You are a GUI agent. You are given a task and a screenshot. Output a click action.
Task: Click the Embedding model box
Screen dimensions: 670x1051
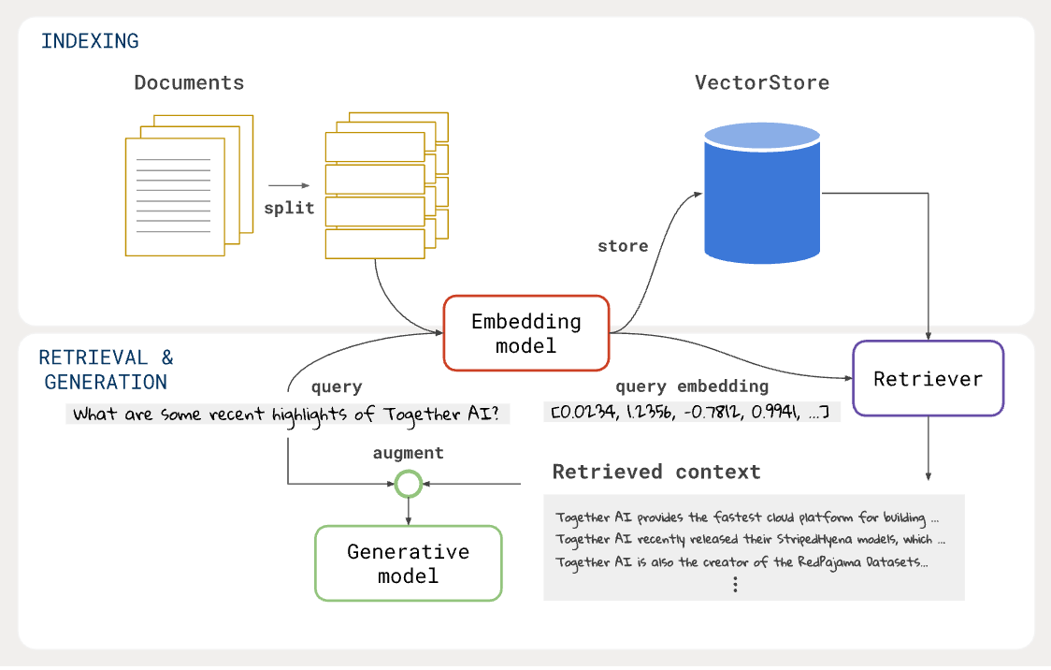526,333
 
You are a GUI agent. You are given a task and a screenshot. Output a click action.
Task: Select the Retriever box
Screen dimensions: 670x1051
928,378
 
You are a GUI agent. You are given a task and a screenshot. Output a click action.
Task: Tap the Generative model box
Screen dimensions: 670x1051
409,562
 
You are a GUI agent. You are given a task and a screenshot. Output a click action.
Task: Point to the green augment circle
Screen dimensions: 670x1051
408,484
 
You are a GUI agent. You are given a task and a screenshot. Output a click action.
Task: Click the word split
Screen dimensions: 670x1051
289,208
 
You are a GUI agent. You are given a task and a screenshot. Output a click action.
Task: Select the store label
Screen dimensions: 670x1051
623,246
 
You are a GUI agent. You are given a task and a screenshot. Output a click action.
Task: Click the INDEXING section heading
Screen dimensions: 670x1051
90,41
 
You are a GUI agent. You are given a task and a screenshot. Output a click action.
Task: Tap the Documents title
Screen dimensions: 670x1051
189,82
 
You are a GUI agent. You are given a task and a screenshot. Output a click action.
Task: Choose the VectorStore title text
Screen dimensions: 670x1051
761,82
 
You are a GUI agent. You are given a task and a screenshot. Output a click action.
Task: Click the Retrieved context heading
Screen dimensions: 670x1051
656,471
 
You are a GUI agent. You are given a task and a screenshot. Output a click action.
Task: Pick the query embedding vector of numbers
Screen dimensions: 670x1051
692,412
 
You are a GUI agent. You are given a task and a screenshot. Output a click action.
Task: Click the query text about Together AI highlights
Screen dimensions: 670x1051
288,414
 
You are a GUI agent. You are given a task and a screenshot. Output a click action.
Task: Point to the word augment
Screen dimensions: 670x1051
408,453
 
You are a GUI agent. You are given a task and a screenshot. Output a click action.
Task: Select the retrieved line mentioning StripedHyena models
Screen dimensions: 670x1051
750,539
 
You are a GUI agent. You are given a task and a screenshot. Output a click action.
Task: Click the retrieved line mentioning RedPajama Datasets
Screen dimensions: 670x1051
741,561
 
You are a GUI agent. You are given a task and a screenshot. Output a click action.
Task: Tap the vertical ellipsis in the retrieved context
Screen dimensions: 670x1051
736,584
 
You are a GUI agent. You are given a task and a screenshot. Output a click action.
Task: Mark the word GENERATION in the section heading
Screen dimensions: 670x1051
106,382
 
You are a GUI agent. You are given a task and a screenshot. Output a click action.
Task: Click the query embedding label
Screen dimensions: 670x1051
692,386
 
